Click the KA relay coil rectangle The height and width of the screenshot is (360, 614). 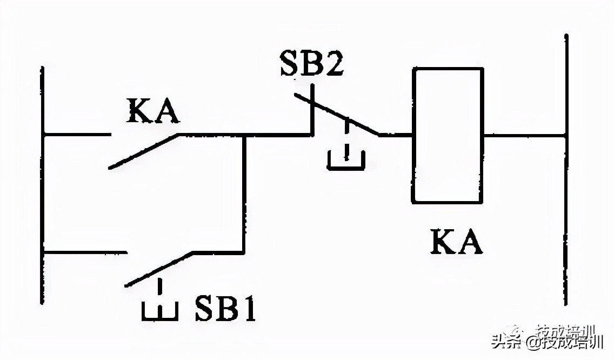(448, 135)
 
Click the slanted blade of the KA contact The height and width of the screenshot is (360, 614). (144, 151)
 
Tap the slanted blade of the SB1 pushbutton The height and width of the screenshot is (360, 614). (159, 269)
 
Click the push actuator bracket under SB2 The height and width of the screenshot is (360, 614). (346, 159)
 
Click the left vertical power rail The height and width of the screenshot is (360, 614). (42, 184)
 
